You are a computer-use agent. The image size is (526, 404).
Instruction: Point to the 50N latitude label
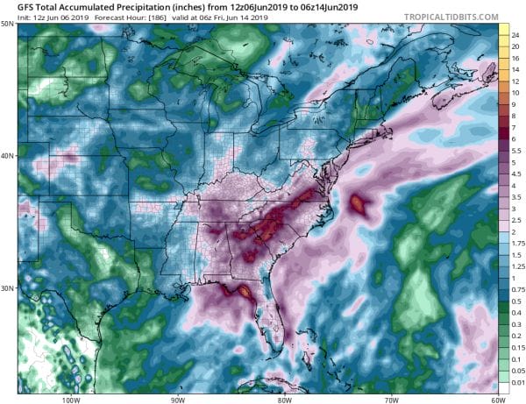(8, 24)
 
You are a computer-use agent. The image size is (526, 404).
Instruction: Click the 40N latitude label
(8, 156)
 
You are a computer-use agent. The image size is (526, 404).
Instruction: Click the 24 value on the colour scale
(517, 33)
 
